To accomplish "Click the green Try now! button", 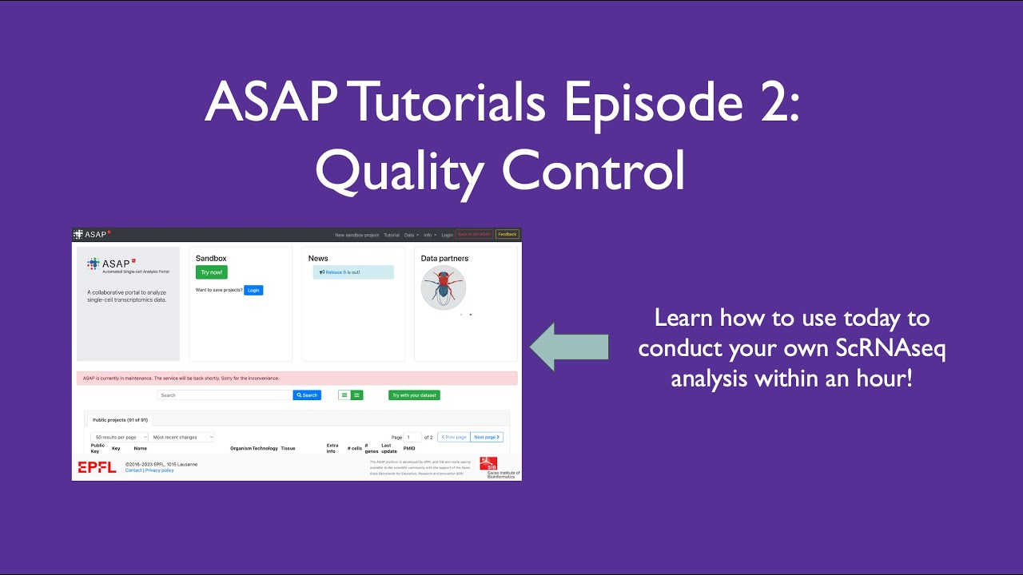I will tap(211, 272).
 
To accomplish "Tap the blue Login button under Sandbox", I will tap(253, 290).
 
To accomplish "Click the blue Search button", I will tap(307, 395).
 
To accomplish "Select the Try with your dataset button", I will tap(414, 395).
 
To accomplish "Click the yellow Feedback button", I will tap(507, 235).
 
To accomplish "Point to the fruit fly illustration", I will tap(444, 287).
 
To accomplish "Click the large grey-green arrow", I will tap(569, 347).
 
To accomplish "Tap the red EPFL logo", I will tap(97, 467).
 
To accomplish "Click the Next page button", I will tap(487, 437).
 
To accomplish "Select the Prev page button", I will tap(453, 437).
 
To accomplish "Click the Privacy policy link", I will tap(159, 470).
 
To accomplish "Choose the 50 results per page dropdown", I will tap(119, 437).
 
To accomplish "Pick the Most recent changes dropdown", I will tap(181, 437).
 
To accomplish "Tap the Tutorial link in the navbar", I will tap(391, 235).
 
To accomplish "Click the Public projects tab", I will tap(120, 419).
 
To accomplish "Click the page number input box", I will tap(412, 437).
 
